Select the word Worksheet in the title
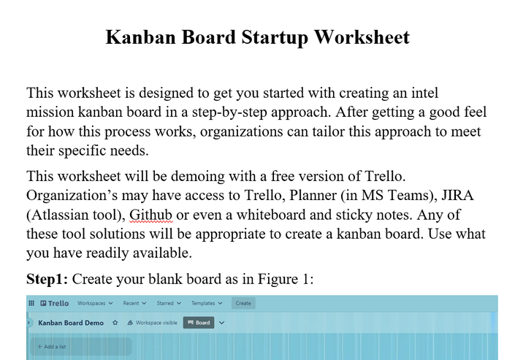point(362,37)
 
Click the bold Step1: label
point(47,279)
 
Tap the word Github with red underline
point(150,215)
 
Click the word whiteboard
point(271,215)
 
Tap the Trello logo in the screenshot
point(55,303)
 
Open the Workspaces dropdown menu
point(95,303)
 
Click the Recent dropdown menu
point(134,303)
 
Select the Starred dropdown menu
point(169,303)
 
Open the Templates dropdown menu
point(207,303)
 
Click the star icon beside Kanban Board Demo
point(115,323)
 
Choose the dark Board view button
point(199,323)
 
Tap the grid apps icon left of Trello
point(31,303)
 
